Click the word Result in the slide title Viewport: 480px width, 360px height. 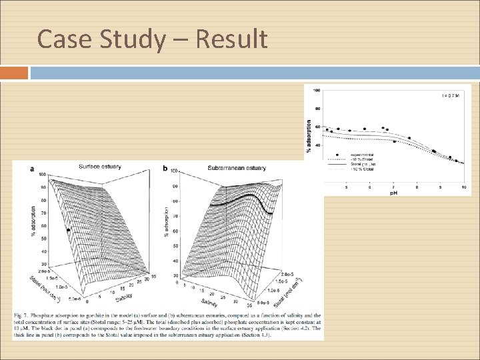click(233, 39)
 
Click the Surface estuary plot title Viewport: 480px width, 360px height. click(99, 166)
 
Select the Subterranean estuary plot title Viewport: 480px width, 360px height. click(237, 167)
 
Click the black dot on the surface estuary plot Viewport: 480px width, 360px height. click(68, 230)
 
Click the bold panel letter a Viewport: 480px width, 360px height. click(32, 169)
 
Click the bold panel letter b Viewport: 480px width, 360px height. click(165, 169)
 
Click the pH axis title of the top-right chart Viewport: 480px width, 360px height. click(394, 193)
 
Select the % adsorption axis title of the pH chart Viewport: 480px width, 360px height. click(309, 135)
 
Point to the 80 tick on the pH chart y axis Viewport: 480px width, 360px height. click(317, 108)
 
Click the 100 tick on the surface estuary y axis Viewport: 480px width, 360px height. click(42, 175)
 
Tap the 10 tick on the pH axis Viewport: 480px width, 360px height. click(463, 188)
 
